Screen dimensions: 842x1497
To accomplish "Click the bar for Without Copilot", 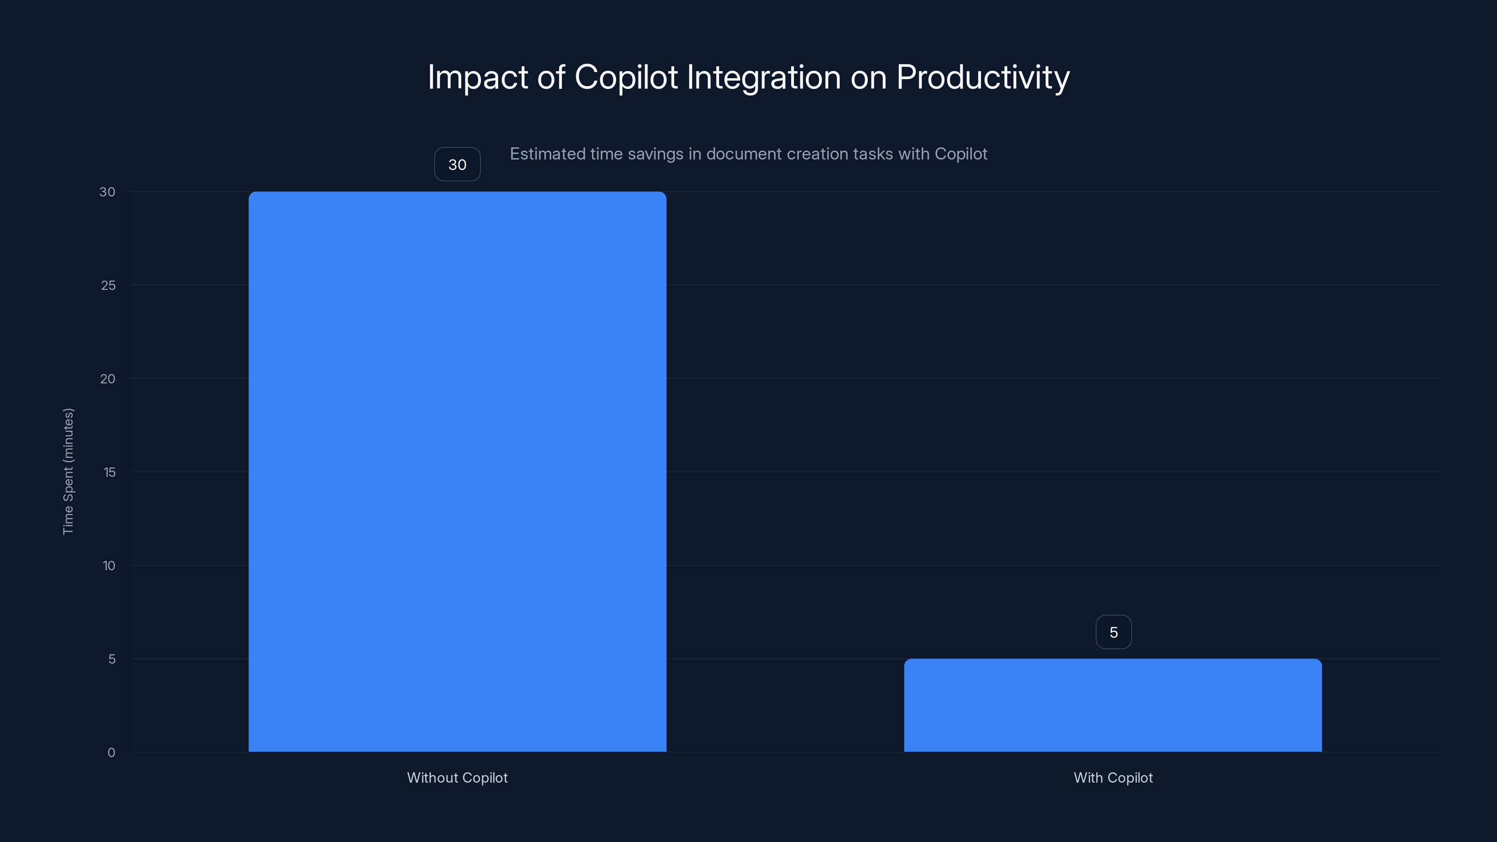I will pyautogui.click(x=458, y=471).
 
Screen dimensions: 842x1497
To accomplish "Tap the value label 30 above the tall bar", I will pyautogui.click(x=458, y=165).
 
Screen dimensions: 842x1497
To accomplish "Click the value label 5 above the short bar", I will pyautogui.click(x=1113, y=632).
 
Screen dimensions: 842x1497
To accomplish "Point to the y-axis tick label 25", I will pyautogui.click(x=108, y=285).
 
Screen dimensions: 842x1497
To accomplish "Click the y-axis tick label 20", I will pyautogui.click(x=108, y=379).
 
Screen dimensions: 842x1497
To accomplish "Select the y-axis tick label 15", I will pyautogui.click(x=109, y=472).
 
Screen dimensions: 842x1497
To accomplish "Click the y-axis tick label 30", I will pyautogui.click(x=107, y=192).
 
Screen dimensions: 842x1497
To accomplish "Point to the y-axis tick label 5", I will pyautogui.click(x=112, y=659).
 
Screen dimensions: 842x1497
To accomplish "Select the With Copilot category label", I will pyautogui.click(x=1112, y=777).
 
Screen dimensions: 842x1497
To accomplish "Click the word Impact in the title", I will pyautogui.click(x=478, y=77).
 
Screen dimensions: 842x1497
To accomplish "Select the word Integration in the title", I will pyautogui.click(x=763, y=77).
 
